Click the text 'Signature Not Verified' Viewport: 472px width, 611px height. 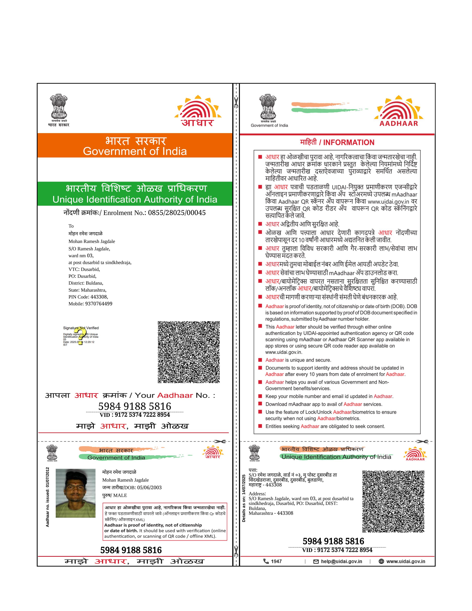click(81, 328)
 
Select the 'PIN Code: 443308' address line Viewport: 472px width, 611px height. click(88, 297)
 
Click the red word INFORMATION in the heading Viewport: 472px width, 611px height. click(349, 143)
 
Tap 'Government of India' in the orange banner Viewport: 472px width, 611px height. click(135, 151)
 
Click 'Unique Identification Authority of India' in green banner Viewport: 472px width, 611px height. click(135, 199)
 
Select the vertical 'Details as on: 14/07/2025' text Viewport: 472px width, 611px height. click(244, 498)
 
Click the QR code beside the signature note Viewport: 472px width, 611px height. click(189, 352)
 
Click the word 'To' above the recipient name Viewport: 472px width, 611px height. click(71, 226)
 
